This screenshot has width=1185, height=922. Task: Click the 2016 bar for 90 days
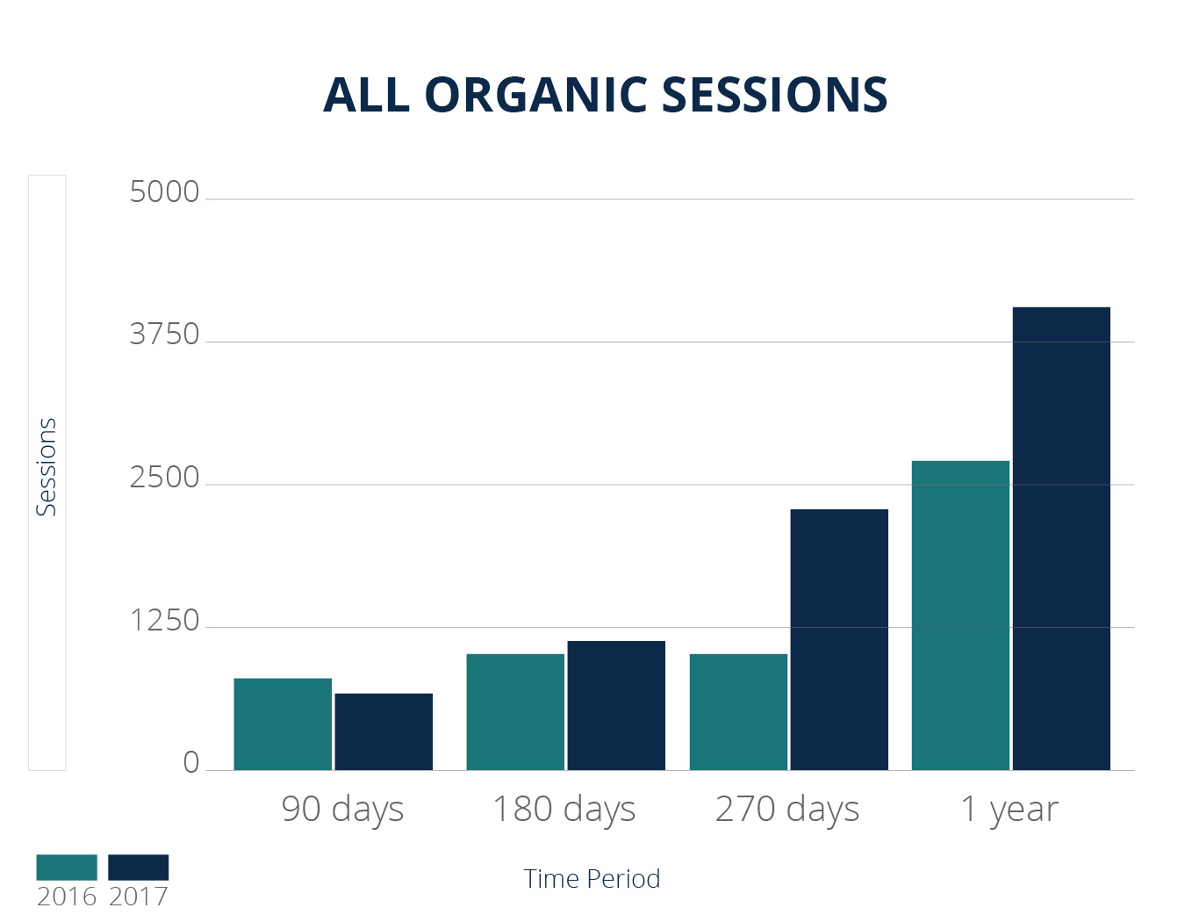coord(283,724)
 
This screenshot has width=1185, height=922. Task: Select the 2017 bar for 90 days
coord(384,731)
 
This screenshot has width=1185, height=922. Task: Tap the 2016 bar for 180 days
coord(515,712)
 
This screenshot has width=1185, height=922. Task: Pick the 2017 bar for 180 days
coord(616,706)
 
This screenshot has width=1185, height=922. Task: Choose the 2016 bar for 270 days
coord(738,712)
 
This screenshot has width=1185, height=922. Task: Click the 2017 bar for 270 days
coord(839,640)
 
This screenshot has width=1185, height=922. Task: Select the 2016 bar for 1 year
coord(960,616)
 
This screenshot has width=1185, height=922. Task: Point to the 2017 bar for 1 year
coord(1061,538)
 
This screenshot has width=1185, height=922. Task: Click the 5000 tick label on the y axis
coord(165,192)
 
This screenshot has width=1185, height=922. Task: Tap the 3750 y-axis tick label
coord(165,335)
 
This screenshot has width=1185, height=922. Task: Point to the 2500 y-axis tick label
coord(165,478)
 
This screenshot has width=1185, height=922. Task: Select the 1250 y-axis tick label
coord(165,621)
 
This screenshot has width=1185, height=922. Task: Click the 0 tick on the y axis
coord(190,762)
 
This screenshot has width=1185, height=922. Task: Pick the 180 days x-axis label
coord(564,809)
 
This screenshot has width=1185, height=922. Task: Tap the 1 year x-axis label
coord(1009,809)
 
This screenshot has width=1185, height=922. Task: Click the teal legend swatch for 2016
coord(67,868)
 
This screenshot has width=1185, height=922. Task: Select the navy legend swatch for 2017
coord(138,868)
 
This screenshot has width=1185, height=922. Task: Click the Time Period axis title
coord(592,879)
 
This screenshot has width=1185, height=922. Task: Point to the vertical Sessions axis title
coord(47,466)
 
